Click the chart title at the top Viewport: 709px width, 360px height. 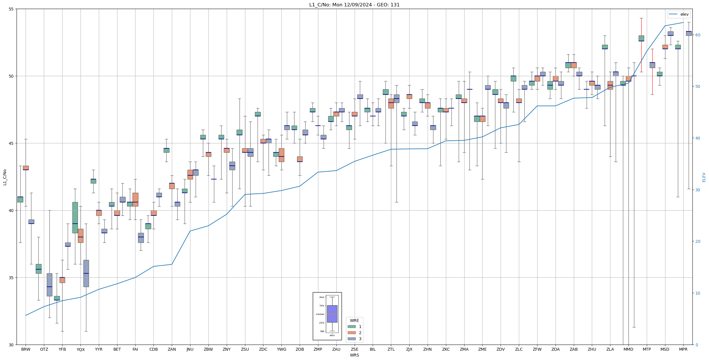coord(354,5)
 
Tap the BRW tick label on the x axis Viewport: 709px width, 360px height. coord(26,349)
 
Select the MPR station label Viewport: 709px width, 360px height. coord(683,349)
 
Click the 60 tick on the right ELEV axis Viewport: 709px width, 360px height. coord(698,35)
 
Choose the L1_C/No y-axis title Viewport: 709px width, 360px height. coord(5,177)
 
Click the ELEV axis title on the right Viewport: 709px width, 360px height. coord(704,177)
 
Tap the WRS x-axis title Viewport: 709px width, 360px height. coord(354,355)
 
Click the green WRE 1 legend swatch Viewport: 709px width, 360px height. coord(351,327)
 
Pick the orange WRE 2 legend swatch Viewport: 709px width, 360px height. coord(351,333)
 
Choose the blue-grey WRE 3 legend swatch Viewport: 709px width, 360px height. coord(351,339)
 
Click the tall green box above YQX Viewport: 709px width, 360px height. coord(75,217)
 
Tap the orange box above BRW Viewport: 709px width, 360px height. coord(26,168)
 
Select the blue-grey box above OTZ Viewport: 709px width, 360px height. coord(49,284)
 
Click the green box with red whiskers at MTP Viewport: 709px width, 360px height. coord(641,38)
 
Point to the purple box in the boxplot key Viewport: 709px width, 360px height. coord(332,314)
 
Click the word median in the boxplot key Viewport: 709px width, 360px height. coord(320,314)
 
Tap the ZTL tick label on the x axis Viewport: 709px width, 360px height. coord(391,349)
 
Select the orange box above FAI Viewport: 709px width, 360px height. coord(135,199)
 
